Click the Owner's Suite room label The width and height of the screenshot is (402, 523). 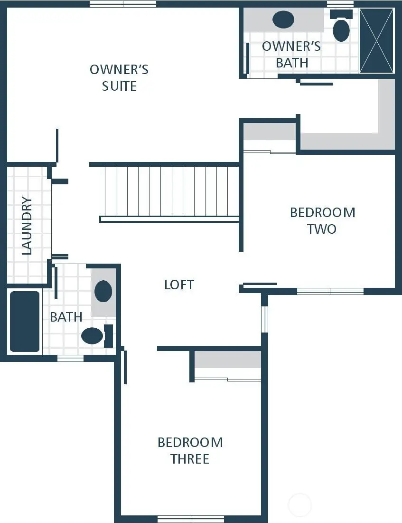(119, 78)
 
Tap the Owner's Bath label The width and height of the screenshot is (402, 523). (291, 55)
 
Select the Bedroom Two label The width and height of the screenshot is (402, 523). (322, 220)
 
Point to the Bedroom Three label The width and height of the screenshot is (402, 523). (190, 450)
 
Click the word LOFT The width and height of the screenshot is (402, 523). (179, 285)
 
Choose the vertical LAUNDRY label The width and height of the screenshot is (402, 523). (27, 226)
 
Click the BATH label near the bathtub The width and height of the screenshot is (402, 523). (66, 317)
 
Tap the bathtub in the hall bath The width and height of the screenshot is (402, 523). (25, 322)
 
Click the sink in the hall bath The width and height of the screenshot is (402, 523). (103, 291)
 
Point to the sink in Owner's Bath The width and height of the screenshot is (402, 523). (283, 20)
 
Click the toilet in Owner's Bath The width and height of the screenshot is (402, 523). (341, 29)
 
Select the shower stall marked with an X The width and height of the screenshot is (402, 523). (376, 41)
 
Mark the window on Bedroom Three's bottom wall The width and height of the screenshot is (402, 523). (190, 518)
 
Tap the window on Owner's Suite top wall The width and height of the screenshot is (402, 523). (123, 4)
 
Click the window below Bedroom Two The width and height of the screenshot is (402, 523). (330, 291)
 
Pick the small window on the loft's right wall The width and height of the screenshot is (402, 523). (265, 319)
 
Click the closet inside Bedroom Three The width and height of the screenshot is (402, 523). (228, 366)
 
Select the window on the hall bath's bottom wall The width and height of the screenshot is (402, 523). (70, 358)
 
